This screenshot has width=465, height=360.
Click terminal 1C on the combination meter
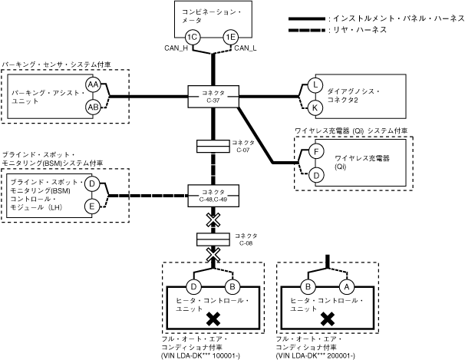(193, 37)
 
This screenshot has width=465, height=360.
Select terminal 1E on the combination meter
(229, 37)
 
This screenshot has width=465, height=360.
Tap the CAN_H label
(176, 49)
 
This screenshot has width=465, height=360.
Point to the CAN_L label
(246, 49)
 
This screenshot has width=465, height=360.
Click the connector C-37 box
(213, 97)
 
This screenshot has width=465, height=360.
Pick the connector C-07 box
(213, 145)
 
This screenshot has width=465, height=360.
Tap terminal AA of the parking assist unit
(93, 84)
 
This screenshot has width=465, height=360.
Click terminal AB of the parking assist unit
(93, 107)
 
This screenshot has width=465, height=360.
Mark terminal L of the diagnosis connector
(315, 85)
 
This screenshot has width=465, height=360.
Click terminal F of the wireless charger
(314, 152)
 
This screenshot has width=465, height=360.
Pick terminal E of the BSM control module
(91, 206)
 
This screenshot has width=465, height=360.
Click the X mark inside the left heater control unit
(213, 318)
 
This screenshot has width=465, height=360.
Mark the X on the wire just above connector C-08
(213, 221)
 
